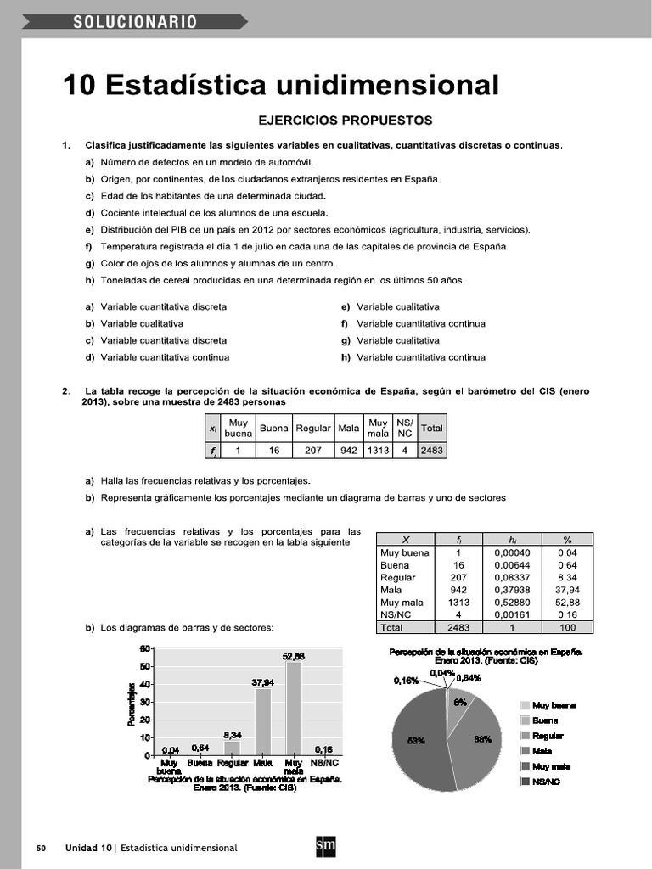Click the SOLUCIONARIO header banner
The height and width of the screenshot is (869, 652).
tap(136, 22)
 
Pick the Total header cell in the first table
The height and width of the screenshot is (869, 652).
tap(432, 429)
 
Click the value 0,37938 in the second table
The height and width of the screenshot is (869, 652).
tap(512, 590)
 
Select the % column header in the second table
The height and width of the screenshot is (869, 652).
tap(567, 539)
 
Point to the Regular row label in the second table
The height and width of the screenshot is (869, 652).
tap(398, 577)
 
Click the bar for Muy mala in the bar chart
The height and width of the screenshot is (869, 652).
tap(294, 708)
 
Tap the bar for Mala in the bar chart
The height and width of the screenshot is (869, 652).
tap(263, 721)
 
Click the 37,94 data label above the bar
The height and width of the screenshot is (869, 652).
tap(263, 681)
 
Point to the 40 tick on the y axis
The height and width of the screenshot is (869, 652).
tap(144, 684)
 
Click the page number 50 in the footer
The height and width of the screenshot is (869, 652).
tap(41, 848)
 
